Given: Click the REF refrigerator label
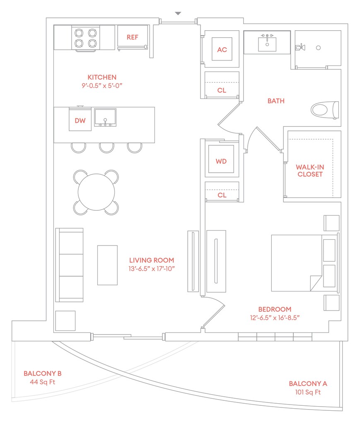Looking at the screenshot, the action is [x=132, y=37].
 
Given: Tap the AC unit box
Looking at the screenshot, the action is [x=222, y=50].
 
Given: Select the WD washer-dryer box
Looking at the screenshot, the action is [x=221, y=161].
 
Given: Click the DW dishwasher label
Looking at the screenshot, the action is [x=80, y=121].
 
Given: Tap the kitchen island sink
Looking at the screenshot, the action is [x=105, y=117].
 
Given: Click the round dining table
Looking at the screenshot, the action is [x=97, y=193].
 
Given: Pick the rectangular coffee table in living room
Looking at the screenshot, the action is [x=107, y=265].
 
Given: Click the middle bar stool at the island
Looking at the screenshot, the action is [x=106, y=147].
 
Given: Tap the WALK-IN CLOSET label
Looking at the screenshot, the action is [x=309, y=171].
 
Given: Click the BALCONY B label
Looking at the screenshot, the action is [x=43, y=373].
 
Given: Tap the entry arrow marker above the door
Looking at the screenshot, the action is [x=178, y=14].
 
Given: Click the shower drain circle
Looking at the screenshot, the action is [x=318, y=48].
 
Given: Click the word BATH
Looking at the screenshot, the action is [x=276, y=101].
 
